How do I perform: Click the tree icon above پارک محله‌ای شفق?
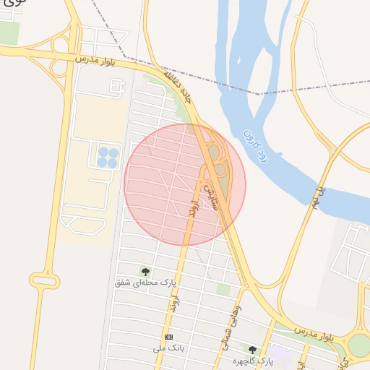pos(146,272)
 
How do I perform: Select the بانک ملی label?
pos(165,348)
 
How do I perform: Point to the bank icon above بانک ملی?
pos(169,337)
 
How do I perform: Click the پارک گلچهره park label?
pos(252,359)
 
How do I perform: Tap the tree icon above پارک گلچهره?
pos(252,350)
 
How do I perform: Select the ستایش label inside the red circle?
pos(210,192)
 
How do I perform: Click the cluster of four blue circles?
pos(108,157)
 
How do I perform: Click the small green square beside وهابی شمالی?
pos(224,289)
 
